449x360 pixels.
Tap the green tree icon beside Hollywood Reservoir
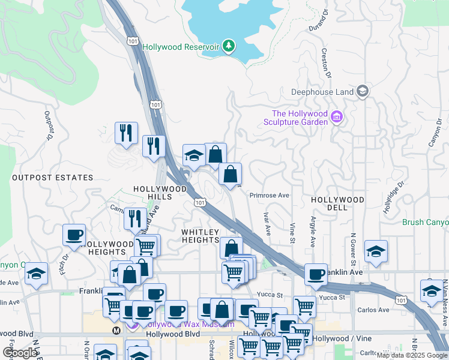(228, 46)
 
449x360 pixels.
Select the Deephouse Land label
(322, 92)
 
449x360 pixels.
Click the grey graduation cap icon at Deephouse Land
(362, 91)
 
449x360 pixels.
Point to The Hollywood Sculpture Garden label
(300, 118)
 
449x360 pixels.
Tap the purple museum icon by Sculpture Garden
(337, 116)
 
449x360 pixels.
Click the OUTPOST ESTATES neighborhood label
(53, 178)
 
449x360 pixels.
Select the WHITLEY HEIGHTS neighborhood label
(201, 235)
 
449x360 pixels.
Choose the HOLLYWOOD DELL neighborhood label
(338, 203)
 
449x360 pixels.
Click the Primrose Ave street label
(270, 196)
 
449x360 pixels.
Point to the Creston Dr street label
(327, 64)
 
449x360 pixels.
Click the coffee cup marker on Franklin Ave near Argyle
(316, 275)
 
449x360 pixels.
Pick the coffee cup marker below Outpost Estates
(74, 235)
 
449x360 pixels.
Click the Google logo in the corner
(20, 353)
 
